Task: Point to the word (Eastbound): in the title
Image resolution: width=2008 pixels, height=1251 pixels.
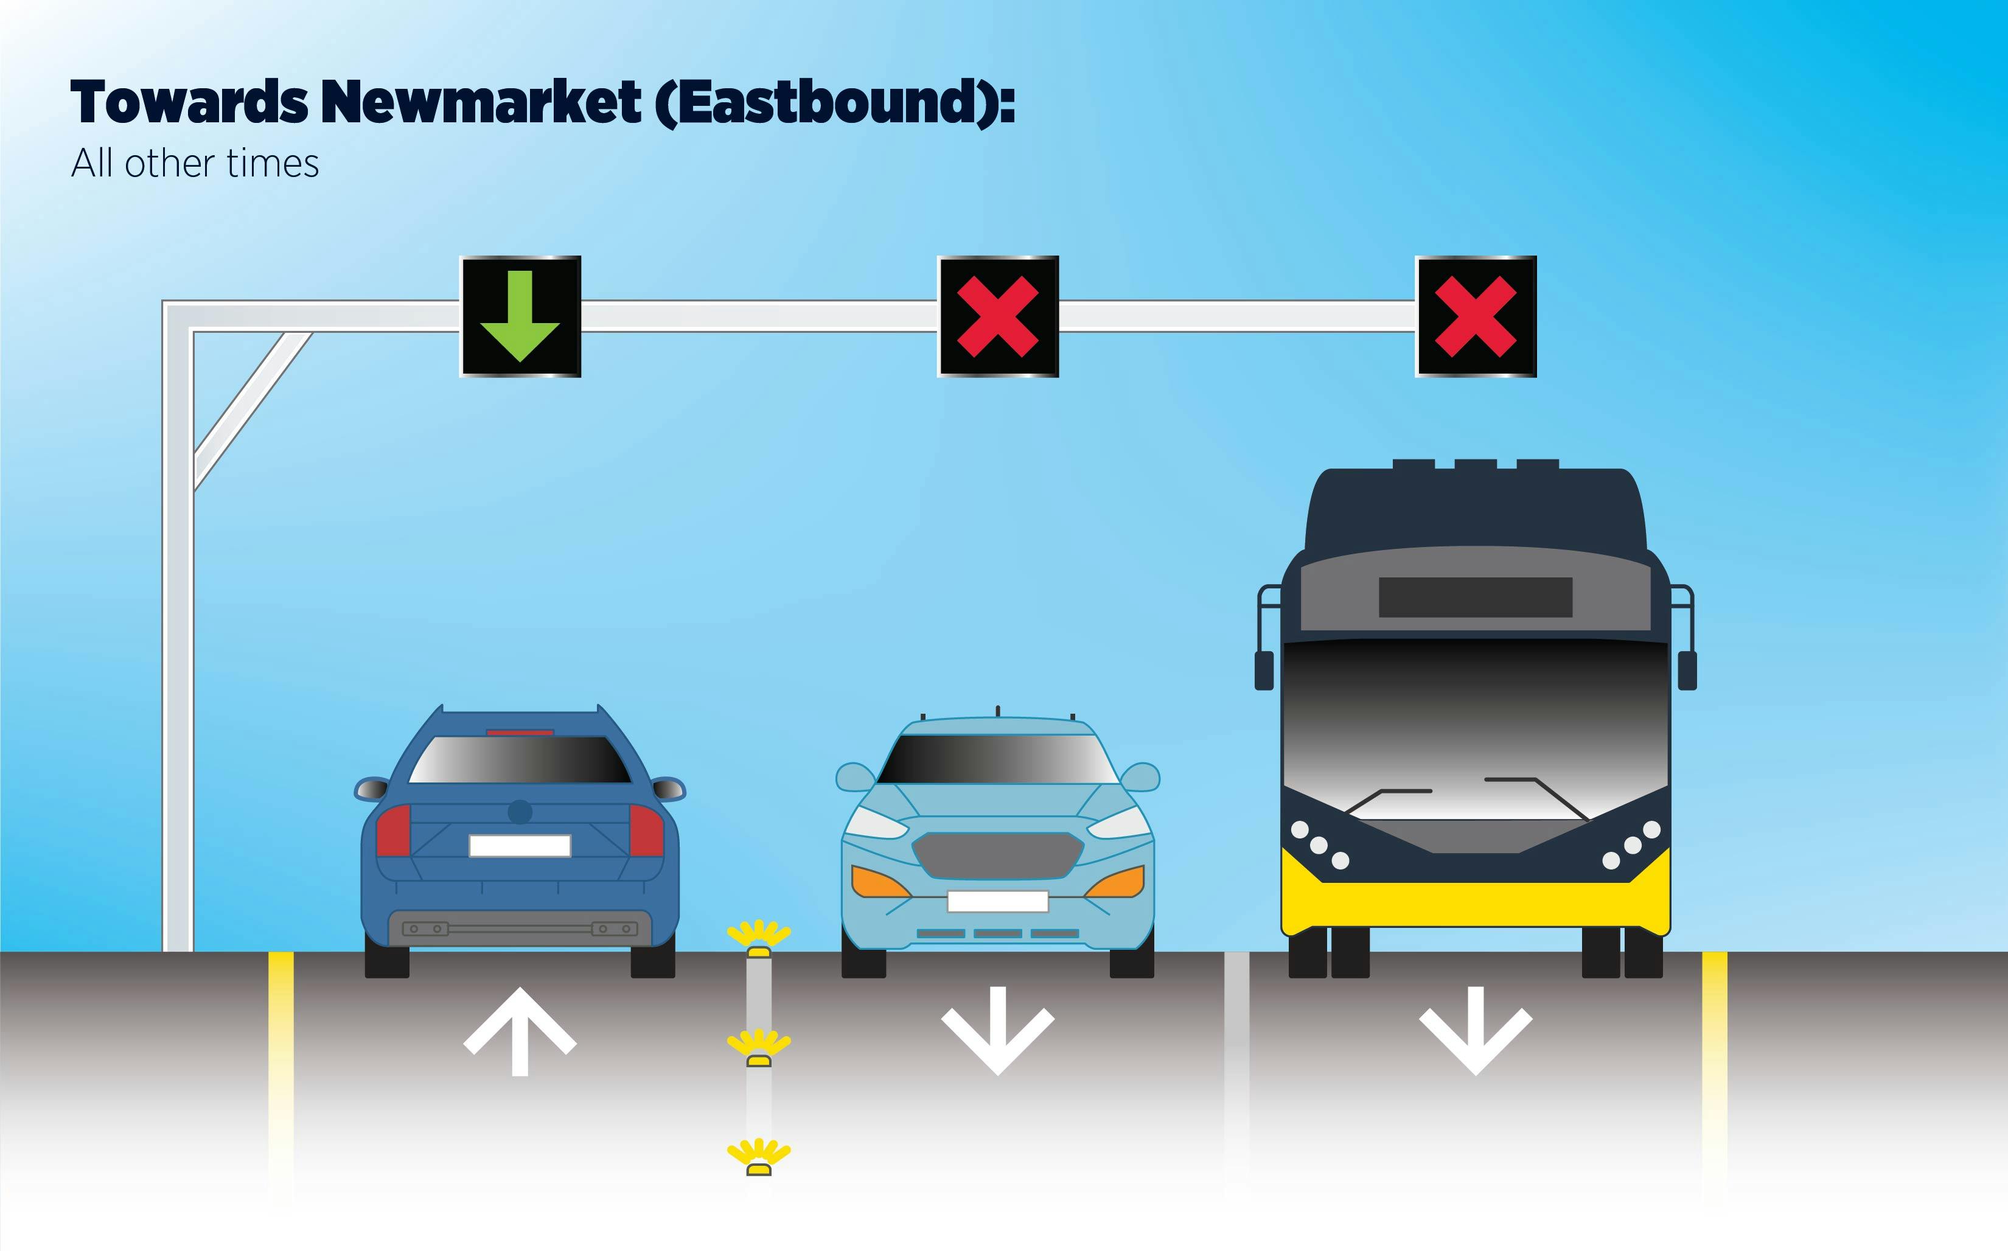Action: [835, 103]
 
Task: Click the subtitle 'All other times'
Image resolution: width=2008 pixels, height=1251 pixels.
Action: [195, 163]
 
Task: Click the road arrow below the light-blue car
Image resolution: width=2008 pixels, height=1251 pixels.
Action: [998, 1031]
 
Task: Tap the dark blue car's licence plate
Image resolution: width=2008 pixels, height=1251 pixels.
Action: [520, 846]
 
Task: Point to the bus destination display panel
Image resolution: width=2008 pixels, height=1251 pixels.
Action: [1475, 596]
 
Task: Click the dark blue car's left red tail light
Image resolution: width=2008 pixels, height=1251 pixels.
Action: [394, 831]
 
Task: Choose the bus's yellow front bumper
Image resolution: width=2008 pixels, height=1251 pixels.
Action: [1475, 905]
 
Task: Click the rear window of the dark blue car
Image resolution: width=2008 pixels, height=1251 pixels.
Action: [520, 759]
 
